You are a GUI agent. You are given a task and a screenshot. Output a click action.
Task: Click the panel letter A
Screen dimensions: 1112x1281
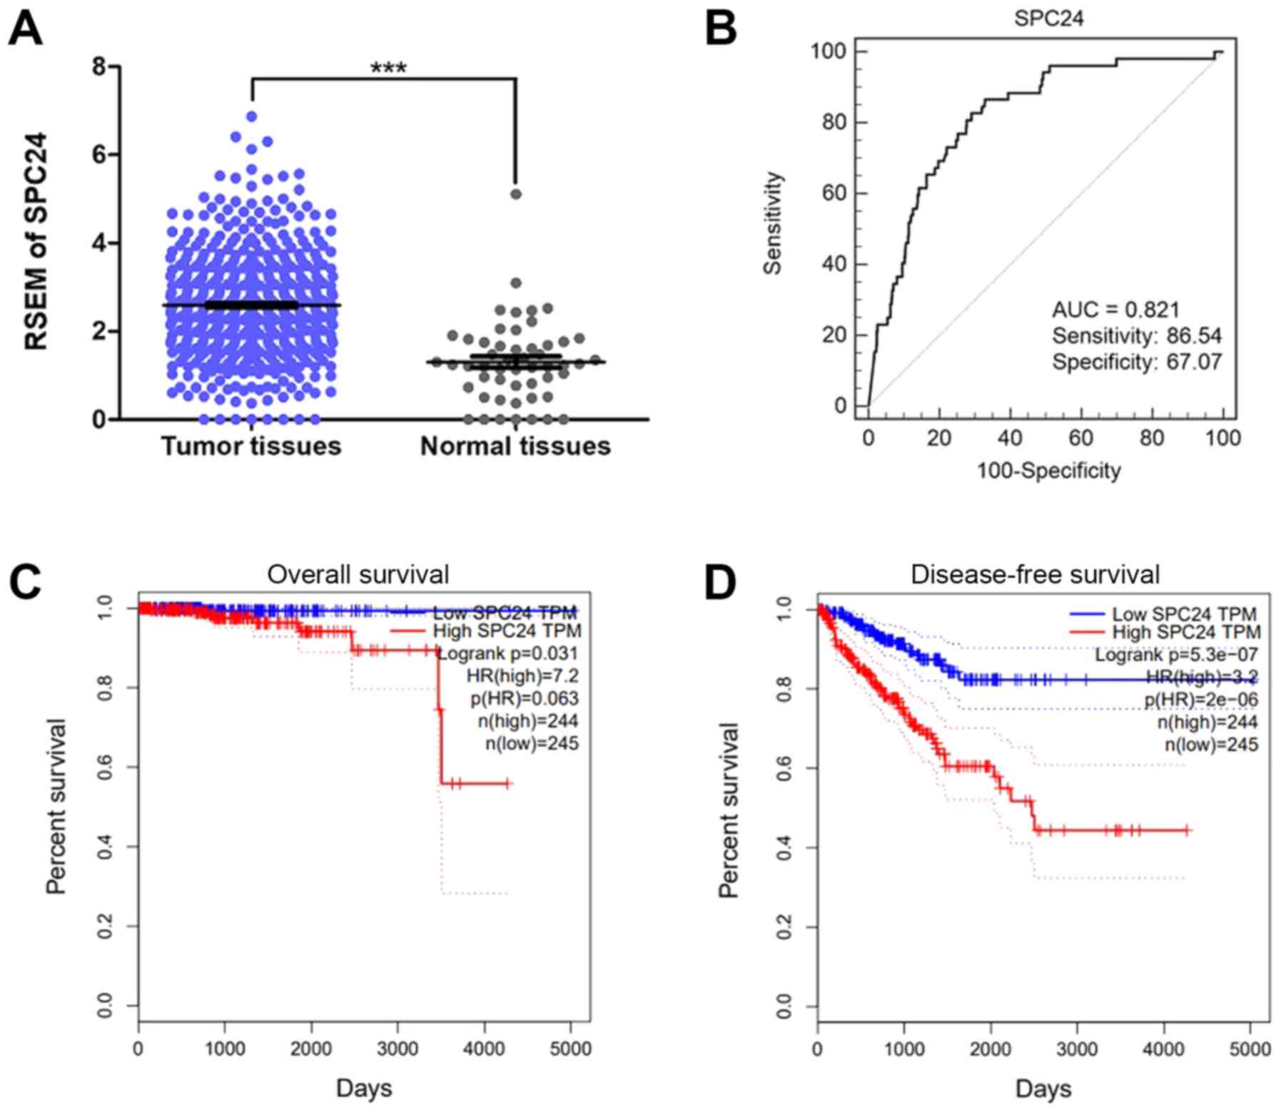click(x=25, y=30)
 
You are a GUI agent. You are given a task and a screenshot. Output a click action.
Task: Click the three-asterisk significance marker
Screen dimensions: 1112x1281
click(x=388, y=68)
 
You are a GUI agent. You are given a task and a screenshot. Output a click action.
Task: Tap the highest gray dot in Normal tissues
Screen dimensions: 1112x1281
click(x=516, y=194)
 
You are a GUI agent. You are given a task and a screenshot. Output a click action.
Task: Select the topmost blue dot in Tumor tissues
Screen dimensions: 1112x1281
click(x=251, y=116)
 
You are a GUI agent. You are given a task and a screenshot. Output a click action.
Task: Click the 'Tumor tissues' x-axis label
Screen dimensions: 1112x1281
click(x=251, y=446)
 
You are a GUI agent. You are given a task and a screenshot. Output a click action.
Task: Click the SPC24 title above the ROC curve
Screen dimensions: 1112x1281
click(x=1048, y=19)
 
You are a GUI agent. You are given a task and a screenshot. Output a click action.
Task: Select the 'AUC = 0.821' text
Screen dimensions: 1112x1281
click(x=1115, y=309)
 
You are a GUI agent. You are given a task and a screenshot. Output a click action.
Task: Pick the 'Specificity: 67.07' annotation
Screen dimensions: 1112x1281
click(x=1137, y=362)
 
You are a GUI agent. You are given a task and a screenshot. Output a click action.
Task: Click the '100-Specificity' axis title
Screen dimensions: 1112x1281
click(x=1048, y=471)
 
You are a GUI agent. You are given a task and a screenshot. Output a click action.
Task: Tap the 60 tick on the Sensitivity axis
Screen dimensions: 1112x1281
click(x=834, y=193)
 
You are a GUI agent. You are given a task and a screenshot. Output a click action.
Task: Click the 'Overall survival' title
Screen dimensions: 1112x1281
click(x=358, y=574)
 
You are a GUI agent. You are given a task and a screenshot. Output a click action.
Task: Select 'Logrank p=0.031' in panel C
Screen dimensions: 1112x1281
click(x=507, y=653)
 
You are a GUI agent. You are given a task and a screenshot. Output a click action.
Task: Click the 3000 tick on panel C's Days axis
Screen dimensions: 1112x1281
click(x=398, y=1049)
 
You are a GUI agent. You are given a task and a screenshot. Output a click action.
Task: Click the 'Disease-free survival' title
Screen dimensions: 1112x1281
click(x=1035, y=574)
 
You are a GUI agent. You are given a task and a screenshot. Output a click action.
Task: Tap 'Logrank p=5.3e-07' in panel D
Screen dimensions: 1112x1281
click(x=1176, y=655)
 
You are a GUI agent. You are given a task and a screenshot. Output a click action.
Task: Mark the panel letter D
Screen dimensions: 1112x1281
click(x=720, y=583)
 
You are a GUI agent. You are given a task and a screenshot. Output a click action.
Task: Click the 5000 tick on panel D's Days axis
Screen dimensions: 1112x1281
click(x=1250, y=1049)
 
